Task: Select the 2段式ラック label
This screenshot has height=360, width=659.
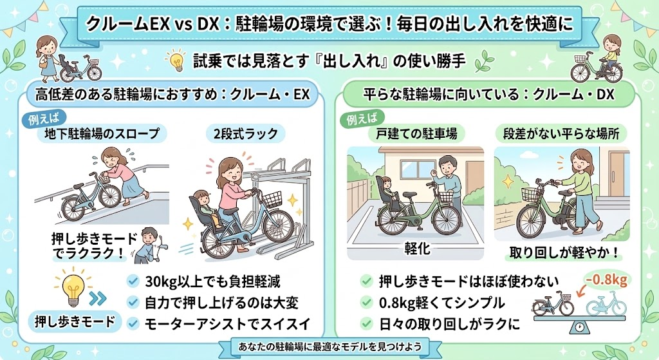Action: pyautogui.click(x=246, y=134)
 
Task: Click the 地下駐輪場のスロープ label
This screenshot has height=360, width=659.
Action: pyautogui.click(x=102, y=134)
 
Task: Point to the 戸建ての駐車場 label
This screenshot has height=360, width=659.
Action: pyautogui.click(x=416, y=134)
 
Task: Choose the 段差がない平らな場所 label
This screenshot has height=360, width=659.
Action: pyautogui.click(x=561, y=134)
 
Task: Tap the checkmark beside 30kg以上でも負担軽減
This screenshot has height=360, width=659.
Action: pyautogui.click(x=133, y=281)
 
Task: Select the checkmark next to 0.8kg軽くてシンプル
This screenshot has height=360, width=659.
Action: pyautogui.click(x=366, y=303)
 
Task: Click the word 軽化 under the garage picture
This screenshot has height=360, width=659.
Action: pyautogui.click(x=417, y=249)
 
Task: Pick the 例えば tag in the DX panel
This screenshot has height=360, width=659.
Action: pyautogui.click(x=362, y=119)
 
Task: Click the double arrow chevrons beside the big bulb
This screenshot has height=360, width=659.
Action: pyautogui.click(x=98, y=298)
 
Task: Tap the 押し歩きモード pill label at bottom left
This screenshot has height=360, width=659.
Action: pyautogui.click(x=75, y=322)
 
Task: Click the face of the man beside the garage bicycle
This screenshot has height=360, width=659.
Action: pyautogui.click(x=447, y=166)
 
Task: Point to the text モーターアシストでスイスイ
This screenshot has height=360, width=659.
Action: pyautogui.click(x=228, y=324)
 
